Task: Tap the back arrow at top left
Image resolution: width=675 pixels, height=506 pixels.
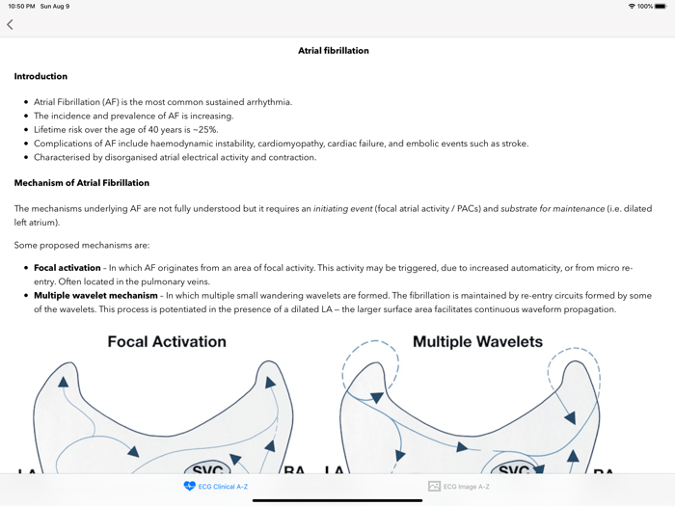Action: click(x=10, y=24)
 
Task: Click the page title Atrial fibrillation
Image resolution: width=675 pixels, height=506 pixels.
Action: click(x=333, y=50)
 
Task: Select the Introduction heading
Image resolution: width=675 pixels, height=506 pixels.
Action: click(x=40, y=76)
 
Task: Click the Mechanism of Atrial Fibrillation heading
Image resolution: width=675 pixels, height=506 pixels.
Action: click(x=81, y=182)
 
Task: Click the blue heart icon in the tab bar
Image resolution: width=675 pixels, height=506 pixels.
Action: click(x=189, y=487)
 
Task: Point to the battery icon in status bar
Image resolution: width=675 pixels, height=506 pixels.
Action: click(x=661, y=6)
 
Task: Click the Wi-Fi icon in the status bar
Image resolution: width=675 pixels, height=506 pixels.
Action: click(x=632, y=6)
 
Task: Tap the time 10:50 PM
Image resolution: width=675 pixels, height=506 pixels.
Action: click(x=21, y=6)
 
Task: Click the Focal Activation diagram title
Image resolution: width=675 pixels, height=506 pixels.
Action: click(x=167, y=341)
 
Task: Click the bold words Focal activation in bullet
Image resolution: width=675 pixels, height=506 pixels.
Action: click(x=67, y=268)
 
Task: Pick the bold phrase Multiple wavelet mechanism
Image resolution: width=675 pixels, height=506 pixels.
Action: click(x=95, y=296)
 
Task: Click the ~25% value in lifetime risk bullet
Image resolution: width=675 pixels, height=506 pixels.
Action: click(x=204, y=129)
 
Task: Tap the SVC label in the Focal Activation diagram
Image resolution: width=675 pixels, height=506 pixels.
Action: click(x=208, y=470)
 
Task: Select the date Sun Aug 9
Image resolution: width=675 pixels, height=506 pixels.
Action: click(x=54, y=6)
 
